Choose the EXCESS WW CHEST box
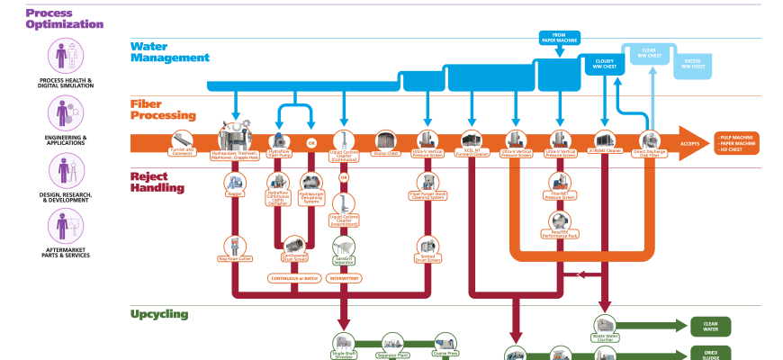pyautogui.click(x=694, y=64)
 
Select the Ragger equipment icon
pyautogui.click(x=236, y=183)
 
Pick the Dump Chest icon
pyautogui.click(x=384, y=139)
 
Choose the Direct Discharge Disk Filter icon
pyautogui.click(x=650, y=139)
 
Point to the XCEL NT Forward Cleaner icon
pyautogui.click(x=472, y=139)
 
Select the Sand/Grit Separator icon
pyautogui.click(x=344, y=245)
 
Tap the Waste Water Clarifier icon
pyautogui.click(x=604, y=325)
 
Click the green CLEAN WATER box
pyautogui.click(x=710, y=326)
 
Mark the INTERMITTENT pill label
pyautogui.click(x=343, y=278)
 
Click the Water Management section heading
pyautogui.click(x=170, y=51)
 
